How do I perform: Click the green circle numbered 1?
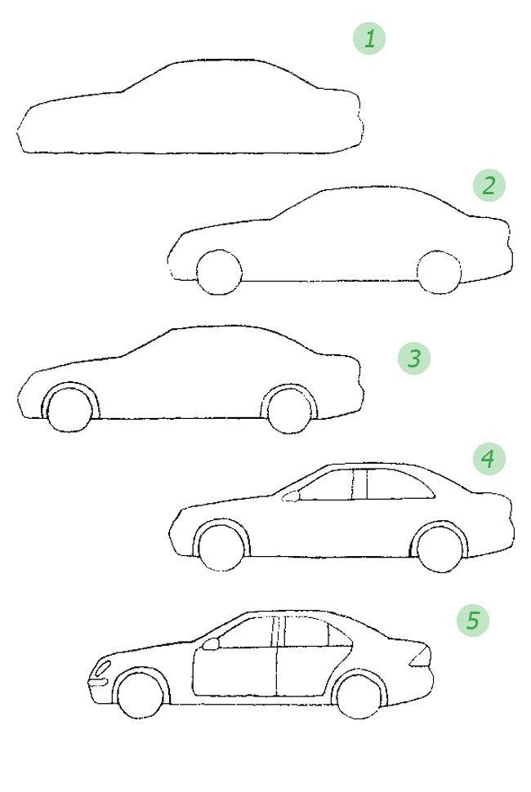[368, 39]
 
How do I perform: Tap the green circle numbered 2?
[489, 185]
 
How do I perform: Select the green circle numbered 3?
[414, 358]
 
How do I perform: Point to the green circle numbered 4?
[489, 459]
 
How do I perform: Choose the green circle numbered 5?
[473, 621]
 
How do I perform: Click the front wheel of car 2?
[219, 272]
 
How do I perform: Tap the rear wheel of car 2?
[440, 272]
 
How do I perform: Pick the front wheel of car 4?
[221, 549]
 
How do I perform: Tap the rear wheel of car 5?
[359, 696]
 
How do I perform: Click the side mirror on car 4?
[291, 497]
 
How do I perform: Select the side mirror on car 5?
[210, 644]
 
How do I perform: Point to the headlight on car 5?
[103, 668]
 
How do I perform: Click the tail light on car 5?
[421, 657]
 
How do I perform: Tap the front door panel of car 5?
[234, 672]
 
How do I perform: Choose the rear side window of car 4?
[399, 484]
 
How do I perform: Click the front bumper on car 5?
[99, 683]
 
